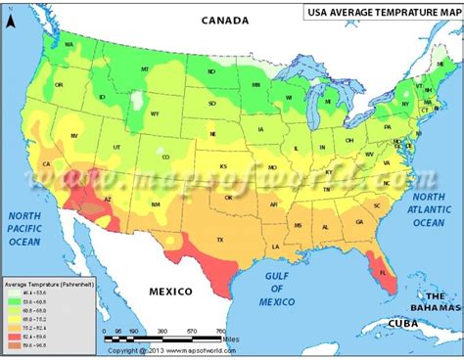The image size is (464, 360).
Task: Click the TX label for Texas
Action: (220, 240)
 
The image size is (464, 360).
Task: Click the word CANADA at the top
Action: (228, 20)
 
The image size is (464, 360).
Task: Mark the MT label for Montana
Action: (144, 68)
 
